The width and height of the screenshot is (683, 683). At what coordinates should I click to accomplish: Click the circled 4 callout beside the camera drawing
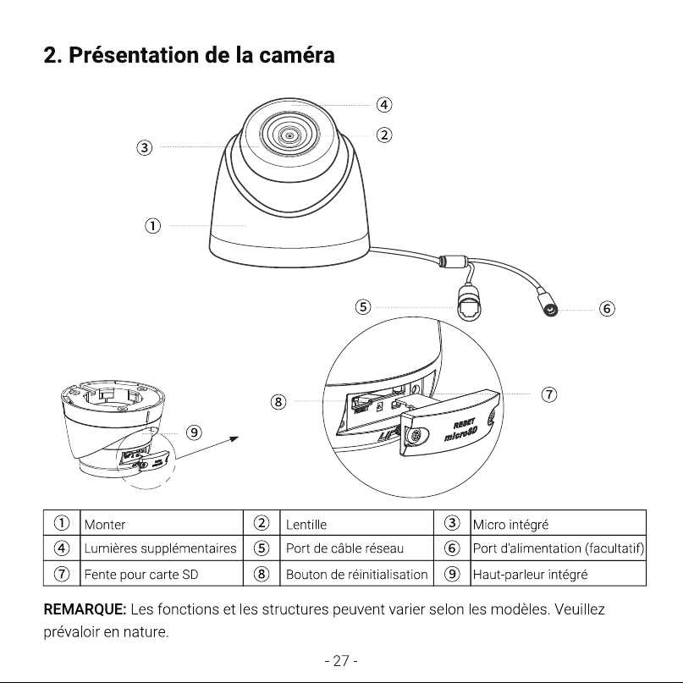click(x=383, y=105)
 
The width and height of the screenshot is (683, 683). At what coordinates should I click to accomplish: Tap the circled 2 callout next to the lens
click(x=383, y=135)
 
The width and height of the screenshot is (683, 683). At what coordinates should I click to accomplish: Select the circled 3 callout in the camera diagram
click(x=145, y=147)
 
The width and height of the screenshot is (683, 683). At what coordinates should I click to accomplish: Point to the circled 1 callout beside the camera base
click(x=152, y=226)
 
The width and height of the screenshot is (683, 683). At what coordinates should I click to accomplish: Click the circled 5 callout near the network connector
click(x=363, y=307)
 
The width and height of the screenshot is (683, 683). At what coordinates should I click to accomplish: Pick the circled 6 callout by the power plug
click(x=607, y=309)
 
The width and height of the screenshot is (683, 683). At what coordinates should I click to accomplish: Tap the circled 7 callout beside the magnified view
click(x=548, y=394)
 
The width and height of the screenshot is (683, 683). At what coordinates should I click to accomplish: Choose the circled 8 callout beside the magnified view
click(x=278, y=401)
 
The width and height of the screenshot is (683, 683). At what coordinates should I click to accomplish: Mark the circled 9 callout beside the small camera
click(x=194, y=432)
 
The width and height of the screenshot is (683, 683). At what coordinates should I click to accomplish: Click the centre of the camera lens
click(x=289, y=136)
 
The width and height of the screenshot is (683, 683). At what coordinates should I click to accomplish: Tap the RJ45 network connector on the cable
click(x=469, y=303)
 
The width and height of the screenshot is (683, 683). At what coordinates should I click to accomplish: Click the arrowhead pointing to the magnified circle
click(x=234, y=438)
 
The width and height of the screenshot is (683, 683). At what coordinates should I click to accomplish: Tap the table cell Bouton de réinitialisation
click(x=357, y=574)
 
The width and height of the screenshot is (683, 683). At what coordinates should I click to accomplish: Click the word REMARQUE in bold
click(x=85, y=609)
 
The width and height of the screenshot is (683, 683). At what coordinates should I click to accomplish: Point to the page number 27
click(x=341, y=661)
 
